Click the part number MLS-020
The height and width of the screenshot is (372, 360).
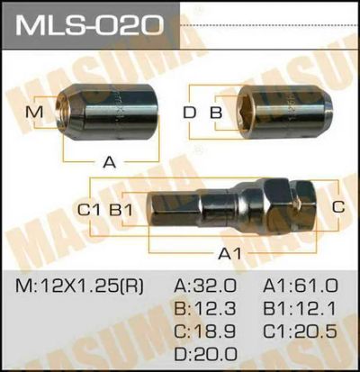click(89, 25)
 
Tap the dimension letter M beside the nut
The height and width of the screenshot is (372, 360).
click(34, 113)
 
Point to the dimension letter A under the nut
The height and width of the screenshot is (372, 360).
click(110, 162)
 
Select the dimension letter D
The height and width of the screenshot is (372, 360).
click(190, 113)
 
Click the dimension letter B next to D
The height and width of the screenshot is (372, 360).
click(216, 113)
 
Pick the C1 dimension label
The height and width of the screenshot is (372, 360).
click(89, 210)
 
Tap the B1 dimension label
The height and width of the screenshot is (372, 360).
click(121, 210)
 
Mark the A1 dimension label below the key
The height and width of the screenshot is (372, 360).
click(229, 254)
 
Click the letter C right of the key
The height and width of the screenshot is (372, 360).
click(338, 207)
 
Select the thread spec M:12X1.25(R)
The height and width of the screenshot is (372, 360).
click(79, 286)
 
